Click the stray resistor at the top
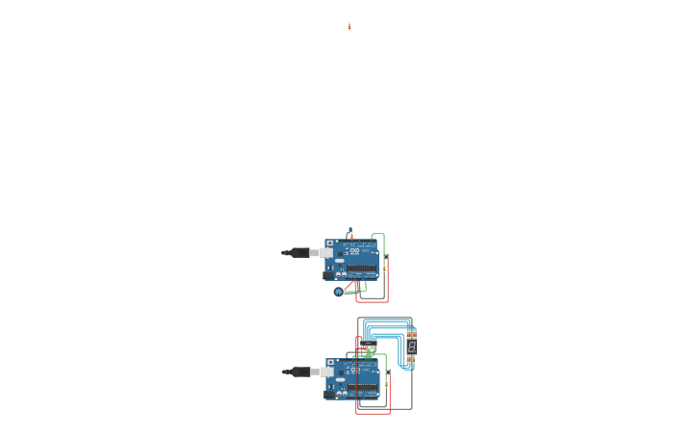(349, 27)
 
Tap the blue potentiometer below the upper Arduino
(338, 292)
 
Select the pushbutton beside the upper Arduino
(386, 257)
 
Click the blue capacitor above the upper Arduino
(350, 231)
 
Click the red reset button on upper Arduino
(329, 244)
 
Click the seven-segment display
(412, 346)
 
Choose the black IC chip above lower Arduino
(369, 344)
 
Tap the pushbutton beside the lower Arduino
(388, 372)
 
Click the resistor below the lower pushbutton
(388, 383)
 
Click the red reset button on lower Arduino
(330, 362)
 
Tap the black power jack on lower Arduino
(329, 393)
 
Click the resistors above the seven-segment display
(411, 333)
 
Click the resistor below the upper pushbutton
(386, 268)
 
